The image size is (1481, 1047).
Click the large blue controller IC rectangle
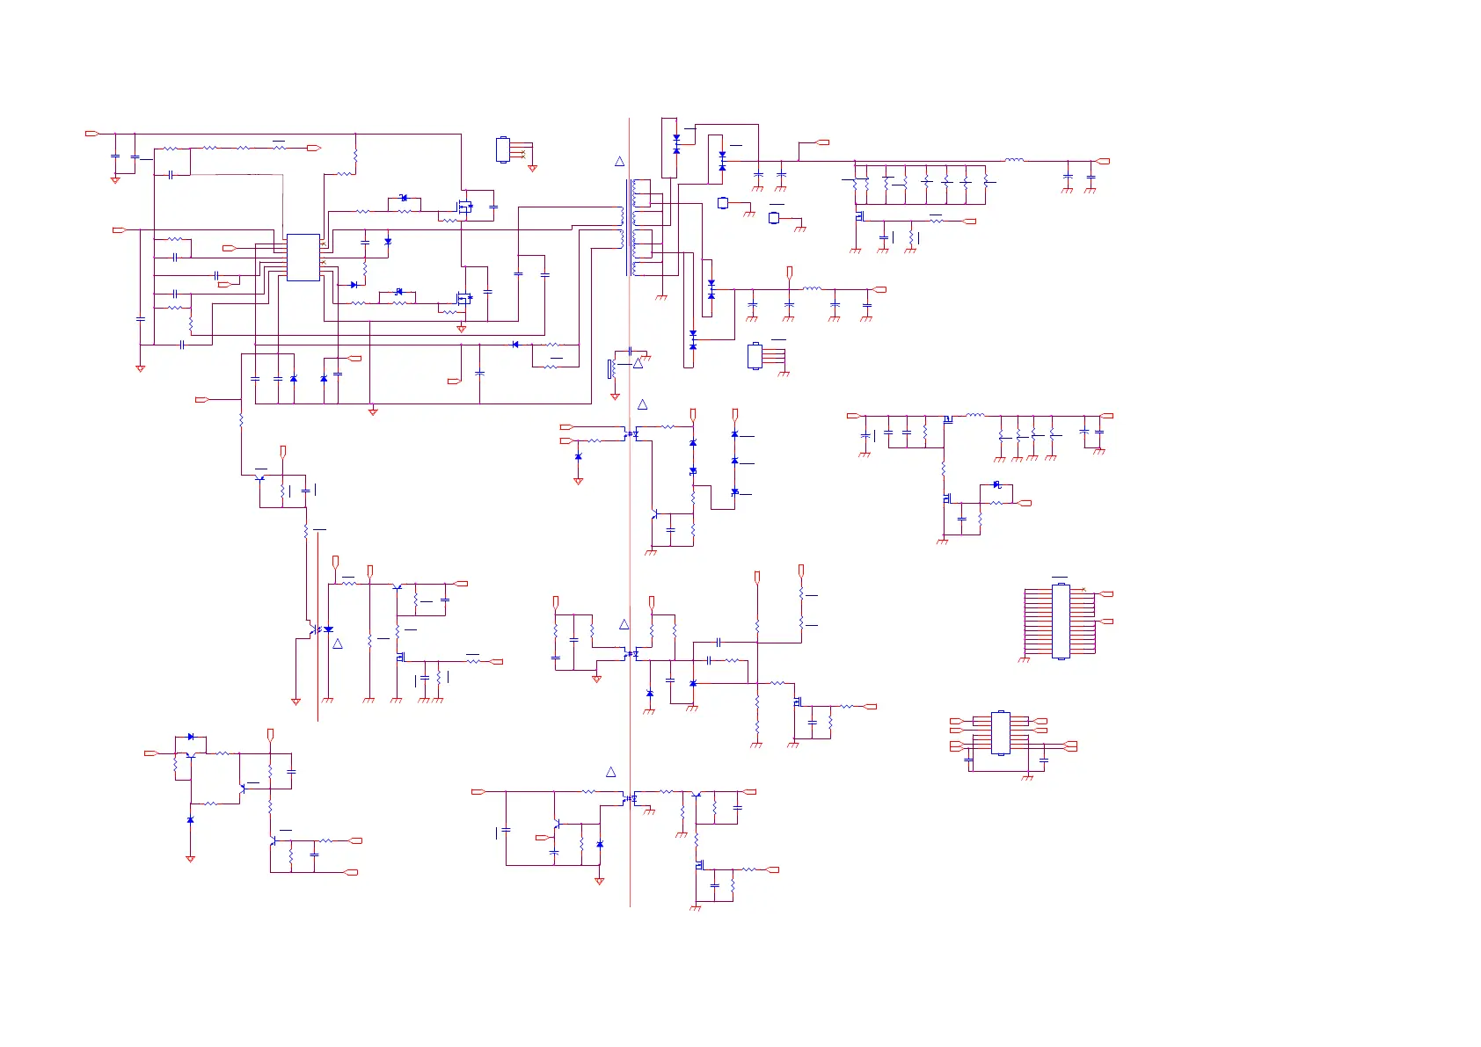[303, 258]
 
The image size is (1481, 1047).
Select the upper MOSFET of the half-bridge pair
[463, 207]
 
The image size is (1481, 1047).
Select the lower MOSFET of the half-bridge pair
[463, 299]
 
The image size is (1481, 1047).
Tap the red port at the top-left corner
[91, 134]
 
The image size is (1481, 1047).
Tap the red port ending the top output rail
[1103, 162]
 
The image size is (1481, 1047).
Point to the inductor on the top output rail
[1014, 161]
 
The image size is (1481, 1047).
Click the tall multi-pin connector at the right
[1061, 621]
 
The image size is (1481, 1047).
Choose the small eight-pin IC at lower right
[1001, 732]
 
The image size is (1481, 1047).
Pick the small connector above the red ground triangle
[503, 149]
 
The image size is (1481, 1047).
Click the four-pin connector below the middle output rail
[755, 356]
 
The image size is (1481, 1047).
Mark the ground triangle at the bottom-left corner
[190, 859]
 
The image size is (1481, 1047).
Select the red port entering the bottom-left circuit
[150, 753]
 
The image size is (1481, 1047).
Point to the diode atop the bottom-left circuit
[191, 737]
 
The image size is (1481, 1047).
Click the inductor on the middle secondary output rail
[813, 288]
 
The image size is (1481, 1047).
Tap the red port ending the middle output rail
[879, 289]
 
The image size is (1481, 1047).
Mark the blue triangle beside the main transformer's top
[619, 162]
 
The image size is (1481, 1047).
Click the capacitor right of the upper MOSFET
[493, 207]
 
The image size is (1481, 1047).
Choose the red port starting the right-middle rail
[852, 416]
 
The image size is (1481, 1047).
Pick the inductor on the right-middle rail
[975, 415]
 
